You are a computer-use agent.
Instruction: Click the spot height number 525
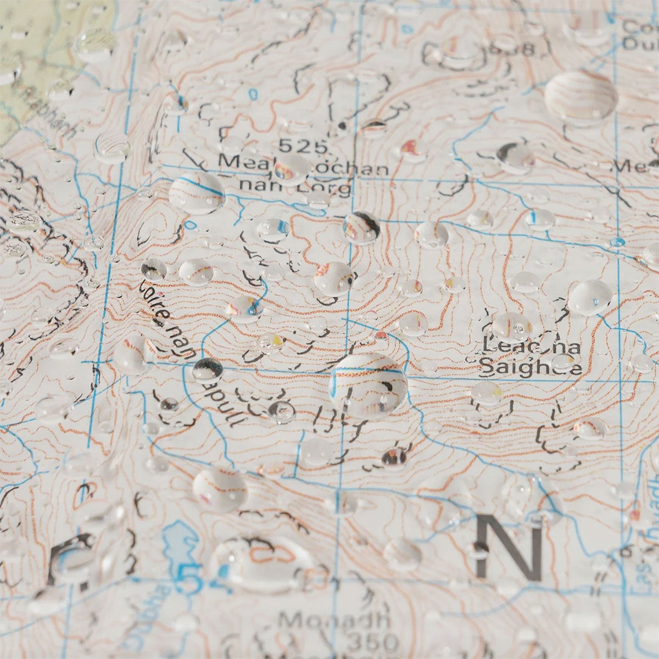pos(304,146)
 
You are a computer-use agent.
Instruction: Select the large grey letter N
pos(509,546)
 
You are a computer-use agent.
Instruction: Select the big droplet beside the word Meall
pos(197,193)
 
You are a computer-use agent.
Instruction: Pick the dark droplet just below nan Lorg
pos(361,227)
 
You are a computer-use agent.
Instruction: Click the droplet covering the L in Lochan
pos(292,168)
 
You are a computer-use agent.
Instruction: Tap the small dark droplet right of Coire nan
pos(208,368)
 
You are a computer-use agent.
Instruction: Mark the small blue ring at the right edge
pos(617,242)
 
